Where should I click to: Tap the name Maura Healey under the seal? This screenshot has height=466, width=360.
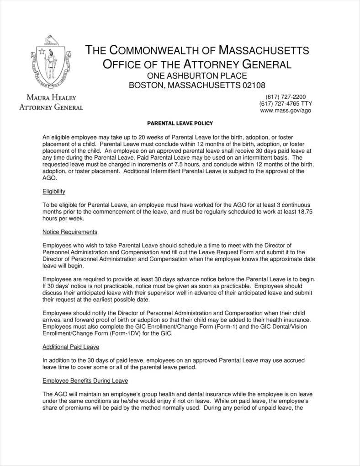[51, 98]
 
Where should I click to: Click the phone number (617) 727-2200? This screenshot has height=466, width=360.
[286, 96]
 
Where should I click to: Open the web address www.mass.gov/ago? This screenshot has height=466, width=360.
[286, 110]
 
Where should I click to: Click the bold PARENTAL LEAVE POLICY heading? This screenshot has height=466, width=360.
[180, 123]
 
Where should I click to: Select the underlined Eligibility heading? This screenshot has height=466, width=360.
[54, 191]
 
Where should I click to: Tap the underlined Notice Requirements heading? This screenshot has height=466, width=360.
[69, 232]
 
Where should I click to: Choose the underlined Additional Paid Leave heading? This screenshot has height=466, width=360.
[71, 347]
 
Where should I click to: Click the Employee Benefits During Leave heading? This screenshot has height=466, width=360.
[85, 380]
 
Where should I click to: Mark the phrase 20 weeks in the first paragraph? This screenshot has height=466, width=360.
[140, 137]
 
